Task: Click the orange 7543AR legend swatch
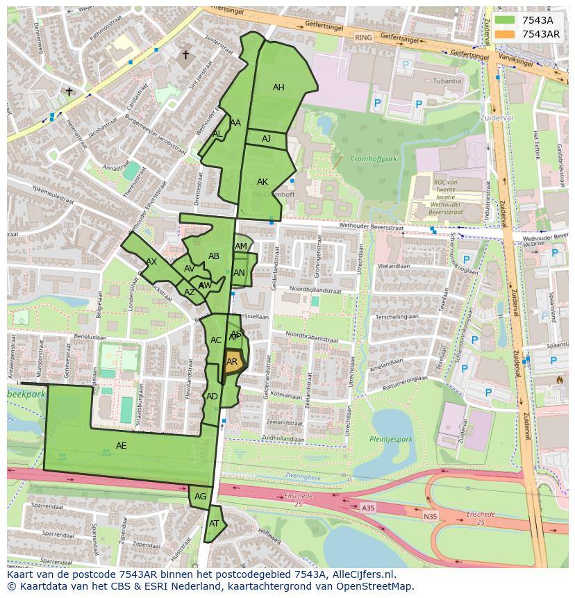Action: pyautogui.click(x=505, y=34)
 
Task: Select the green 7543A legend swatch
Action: pyautogui.click(x=505, y=20)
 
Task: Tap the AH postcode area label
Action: pyautogui.click(x=278, y=88)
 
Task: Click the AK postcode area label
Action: pyautogui.click(x=262, y=182)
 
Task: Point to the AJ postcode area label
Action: pyautogui.click(x=266, y=139)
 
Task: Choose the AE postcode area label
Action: pyautogui.click(x=122, y=445)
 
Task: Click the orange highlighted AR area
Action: pyautogui.click(x=232, y=363)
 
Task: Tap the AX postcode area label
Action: pyautogui.click(x=151, y=262)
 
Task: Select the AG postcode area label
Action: pyautogui.click(x=200, y=497)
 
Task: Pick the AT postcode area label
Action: pyautogui.click(x=214, y=524)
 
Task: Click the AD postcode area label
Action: pyautogui.click(x=212, y=397)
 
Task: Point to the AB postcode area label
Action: pyautogui.click(x=214, y=256)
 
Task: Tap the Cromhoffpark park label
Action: pyautogui.click(x=373, y=158)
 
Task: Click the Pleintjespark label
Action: pyautogui.click(x=390, y=439)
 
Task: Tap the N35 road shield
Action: pyautogui.click(x=431, y=516)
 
